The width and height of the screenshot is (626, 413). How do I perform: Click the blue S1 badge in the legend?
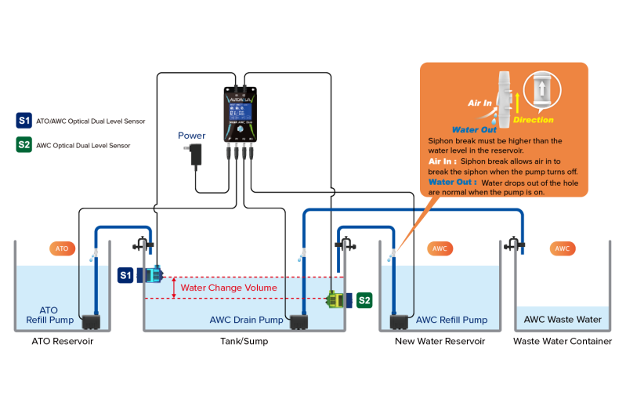click(x=24, y=121)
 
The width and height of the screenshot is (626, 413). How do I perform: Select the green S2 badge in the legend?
click(x=24, y=145)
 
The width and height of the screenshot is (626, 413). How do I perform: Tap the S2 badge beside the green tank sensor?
click(x=364, y=299)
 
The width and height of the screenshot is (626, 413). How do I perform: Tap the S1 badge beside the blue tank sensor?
click(x=125, y=275)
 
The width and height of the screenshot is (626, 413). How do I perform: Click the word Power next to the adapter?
click(x=192, y=135)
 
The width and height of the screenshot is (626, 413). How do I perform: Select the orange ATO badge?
click(x=62, y=248)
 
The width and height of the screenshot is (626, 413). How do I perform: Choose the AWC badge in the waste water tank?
click(x=562, y=248)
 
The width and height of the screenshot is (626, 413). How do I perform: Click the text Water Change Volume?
click(x=229, y=288)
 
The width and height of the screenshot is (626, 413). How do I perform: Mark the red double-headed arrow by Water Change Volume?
click(x=174, y=288)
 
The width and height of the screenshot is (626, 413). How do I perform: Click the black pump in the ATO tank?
click(x=94, y=321)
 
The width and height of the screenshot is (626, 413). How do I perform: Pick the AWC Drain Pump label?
click(x=246, y=320)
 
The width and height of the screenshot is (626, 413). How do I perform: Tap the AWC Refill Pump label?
click(x=451, y=320)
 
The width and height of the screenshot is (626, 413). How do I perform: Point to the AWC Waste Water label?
click(x=563, y=320)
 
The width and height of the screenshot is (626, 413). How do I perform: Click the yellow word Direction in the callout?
click(x=534, y=120)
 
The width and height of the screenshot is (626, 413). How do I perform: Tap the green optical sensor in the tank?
click(x=337, y=299)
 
